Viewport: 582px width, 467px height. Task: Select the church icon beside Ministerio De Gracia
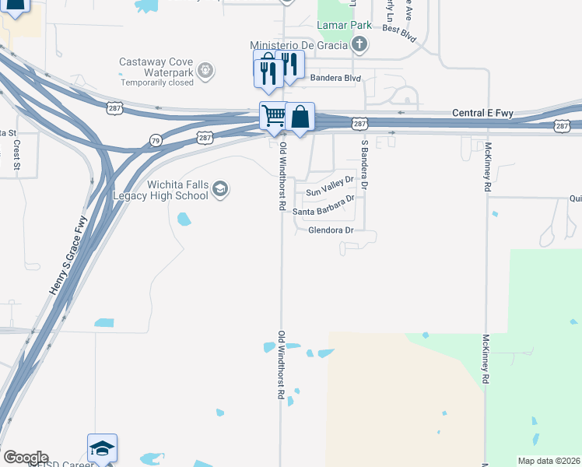pos(358,44)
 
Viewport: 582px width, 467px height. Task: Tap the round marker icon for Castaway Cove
pos(205,71)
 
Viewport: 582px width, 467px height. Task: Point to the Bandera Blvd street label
pos(336,78)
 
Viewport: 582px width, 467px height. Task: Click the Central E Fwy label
pos(483,114)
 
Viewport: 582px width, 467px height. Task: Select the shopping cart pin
pos(273,116)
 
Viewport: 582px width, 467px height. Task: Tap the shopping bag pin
pos(300,118)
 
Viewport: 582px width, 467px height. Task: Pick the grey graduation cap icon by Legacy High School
pos(220,189)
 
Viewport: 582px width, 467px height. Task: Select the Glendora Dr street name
pos(331,230)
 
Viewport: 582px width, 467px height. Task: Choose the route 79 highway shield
pos(156,139)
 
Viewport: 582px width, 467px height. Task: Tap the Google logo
pos(26,457)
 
